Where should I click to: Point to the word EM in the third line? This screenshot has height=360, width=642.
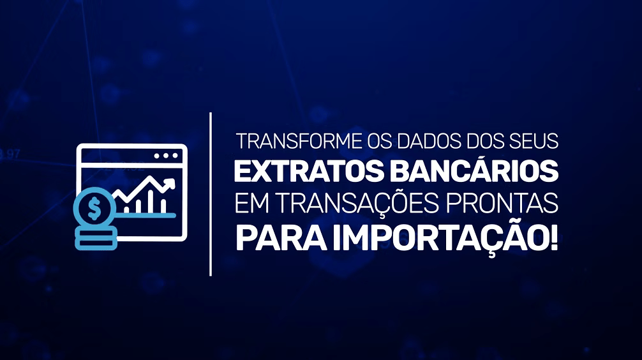[251, 203]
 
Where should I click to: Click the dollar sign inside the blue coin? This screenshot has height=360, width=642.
[94, 208]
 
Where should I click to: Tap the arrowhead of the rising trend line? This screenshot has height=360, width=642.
[169, 183]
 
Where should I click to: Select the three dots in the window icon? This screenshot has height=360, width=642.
[165, 156]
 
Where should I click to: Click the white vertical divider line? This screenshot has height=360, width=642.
[211, 194]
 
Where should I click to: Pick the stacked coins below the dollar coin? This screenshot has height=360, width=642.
[95, 239]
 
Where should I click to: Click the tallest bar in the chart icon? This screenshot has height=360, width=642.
[151, 200]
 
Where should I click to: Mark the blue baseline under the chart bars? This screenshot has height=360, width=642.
[146, 214]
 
